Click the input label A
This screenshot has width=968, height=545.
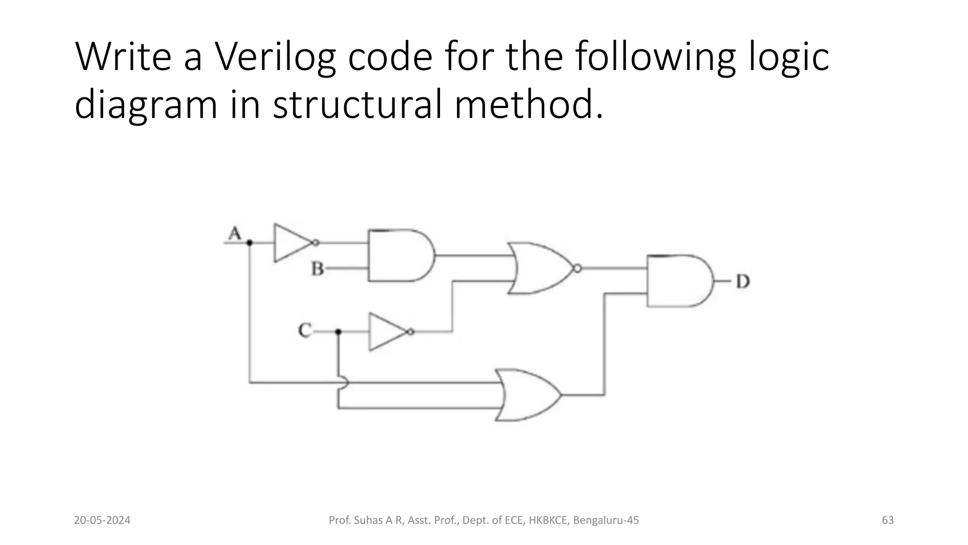(x=235, y=233)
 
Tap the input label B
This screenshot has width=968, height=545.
(x=317, y=269)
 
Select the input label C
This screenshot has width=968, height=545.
(x=305, y=330)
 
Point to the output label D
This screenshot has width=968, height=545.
(x=743, y=281)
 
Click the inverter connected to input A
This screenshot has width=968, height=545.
(x=293, y=243)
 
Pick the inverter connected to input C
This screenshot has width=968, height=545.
(x=388, y=332)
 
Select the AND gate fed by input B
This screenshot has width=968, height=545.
(x=400, y=255)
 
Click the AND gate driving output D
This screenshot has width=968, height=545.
(x=679, y=281)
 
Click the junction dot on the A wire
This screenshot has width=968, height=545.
(x=250, y=243)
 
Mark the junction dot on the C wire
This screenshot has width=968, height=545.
(x=338, y=332)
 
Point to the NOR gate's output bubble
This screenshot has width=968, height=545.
(x=577, y=269)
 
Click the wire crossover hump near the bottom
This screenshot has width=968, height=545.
(x=344, y=382)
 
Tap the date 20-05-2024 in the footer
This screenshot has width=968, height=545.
(x=102, y=520)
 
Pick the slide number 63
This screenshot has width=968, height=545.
(x=888, y=520)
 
